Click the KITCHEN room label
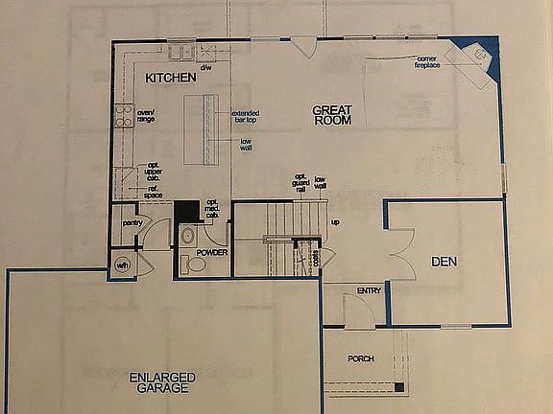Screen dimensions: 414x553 click(x=171, y=77)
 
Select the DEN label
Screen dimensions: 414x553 click(x=444, y=261)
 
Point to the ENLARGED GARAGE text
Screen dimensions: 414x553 click(x=162, y=382)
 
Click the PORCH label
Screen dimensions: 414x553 click(x=360, y=358)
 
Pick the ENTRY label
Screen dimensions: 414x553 click(x=369, y=289)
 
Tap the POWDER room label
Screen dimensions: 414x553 click(x=210, y=252)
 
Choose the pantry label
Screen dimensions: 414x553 click(x=132, y=223)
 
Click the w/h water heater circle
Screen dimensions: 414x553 click(x=123, y=264)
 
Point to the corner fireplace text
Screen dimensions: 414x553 click(x=428, y=62)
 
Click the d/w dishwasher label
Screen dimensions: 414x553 click(x=205, y=68)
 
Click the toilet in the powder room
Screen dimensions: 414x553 click(x=197, y=265)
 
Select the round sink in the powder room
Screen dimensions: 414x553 click(x=188, y=236)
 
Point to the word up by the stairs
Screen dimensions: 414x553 click(x=335, y=223)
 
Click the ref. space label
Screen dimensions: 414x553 click(x=152, y=193)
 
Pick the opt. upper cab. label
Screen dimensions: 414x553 click(x=152, y=171)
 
